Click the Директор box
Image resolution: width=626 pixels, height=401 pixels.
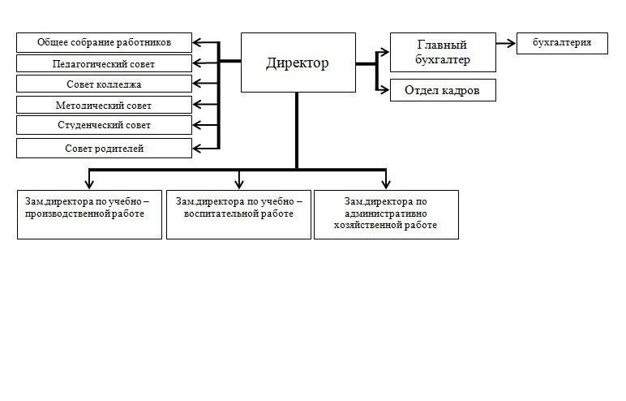pos(298,63)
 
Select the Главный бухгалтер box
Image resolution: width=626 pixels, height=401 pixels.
pos(442,52)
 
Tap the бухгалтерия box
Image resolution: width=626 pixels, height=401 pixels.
pos(562,43)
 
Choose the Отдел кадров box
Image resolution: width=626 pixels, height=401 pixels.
pos(442,90)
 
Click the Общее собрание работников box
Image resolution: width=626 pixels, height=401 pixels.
pos(105,42)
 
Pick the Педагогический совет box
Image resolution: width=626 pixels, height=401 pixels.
pos(105,63)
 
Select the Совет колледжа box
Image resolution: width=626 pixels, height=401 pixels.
pos(105,84)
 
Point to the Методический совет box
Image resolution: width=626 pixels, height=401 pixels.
pos(105,105)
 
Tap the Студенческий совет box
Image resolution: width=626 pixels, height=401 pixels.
pos(105,125)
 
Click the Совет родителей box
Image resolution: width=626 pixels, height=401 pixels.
pos(105,149)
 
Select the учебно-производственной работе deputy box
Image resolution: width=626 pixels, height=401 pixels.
pos(89,214)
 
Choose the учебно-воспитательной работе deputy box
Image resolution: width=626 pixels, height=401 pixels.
pos(238,214)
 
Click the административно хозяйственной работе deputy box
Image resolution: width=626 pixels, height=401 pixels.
pos(386,214)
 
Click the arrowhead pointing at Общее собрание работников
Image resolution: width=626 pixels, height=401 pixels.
pos(199,42)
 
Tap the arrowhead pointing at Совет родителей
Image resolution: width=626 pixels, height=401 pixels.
pos(199,148)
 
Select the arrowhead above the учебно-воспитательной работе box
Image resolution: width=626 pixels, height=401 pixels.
pos(238,183)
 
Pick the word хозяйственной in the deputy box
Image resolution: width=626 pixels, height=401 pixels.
pos(363,225)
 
